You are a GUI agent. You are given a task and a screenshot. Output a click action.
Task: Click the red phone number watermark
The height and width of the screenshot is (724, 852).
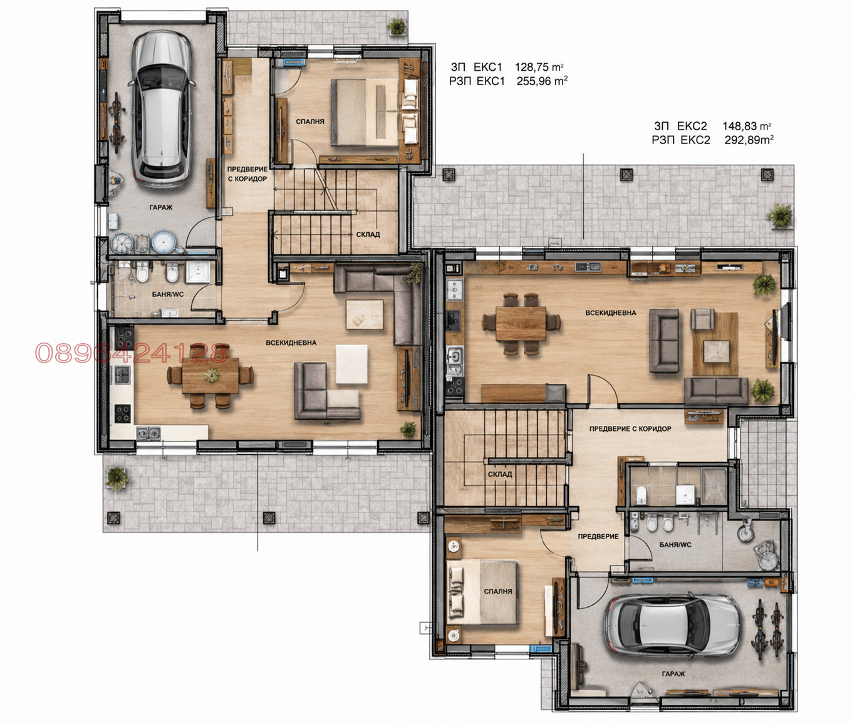point(132,353)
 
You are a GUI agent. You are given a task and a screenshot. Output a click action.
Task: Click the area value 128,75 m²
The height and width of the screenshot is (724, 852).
point(539,67)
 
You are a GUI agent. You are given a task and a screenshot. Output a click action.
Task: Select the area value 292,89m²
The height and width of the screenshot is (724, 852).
point(749,140)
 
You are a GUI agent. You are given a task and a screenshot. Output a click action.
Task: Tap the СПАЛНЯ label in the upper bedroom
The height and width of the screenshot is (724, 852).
point(310,122)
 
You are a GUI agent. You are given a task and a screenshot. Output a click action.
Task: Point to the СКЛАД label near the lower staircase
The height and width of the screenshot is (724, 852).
point(499,474)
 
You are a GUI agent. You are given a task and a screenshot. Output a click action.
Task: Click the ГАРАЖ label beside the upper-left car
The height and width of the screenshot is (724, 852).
point(161,207)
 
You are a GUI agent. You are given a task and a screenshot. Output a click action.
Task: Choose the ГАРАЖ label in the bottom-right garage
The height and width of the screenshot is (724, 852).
point(673,674)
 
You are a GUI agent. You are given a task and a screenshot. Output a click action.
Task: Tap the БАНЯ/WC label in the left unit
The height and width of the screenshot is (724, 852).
point(168,294)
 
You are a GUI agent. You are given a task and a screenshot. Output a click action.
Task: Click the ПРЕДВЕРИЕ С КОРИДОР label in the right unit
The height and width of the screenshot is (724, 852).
point(630,428)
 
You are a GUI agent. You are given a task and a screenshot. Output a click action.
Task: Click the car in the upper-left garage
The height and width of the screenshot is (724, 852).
point(162,110)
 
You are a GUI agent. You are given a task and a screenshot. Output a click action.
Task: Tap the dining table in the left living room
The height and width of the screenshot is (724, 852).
point(210,375)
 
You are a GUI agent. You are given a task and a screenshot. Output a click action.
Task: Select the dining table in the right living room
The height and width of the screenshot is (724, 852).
point(521,323)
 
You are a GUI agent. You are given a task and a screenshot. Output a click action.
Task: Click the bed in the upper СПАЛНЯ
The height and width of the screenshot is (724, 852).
point(365,113)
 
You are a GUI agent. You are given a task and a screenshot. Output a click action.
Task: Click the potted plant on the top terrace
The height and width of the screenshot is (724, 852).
point(396,27)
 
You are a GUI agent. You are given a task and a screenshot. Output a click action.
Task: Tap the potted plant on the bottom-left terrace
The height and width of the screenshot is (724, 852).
point(118,479)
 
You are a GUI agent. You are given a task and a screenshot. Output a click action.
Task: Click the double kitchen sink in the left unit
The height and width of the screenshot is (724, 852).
point(148,433)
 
